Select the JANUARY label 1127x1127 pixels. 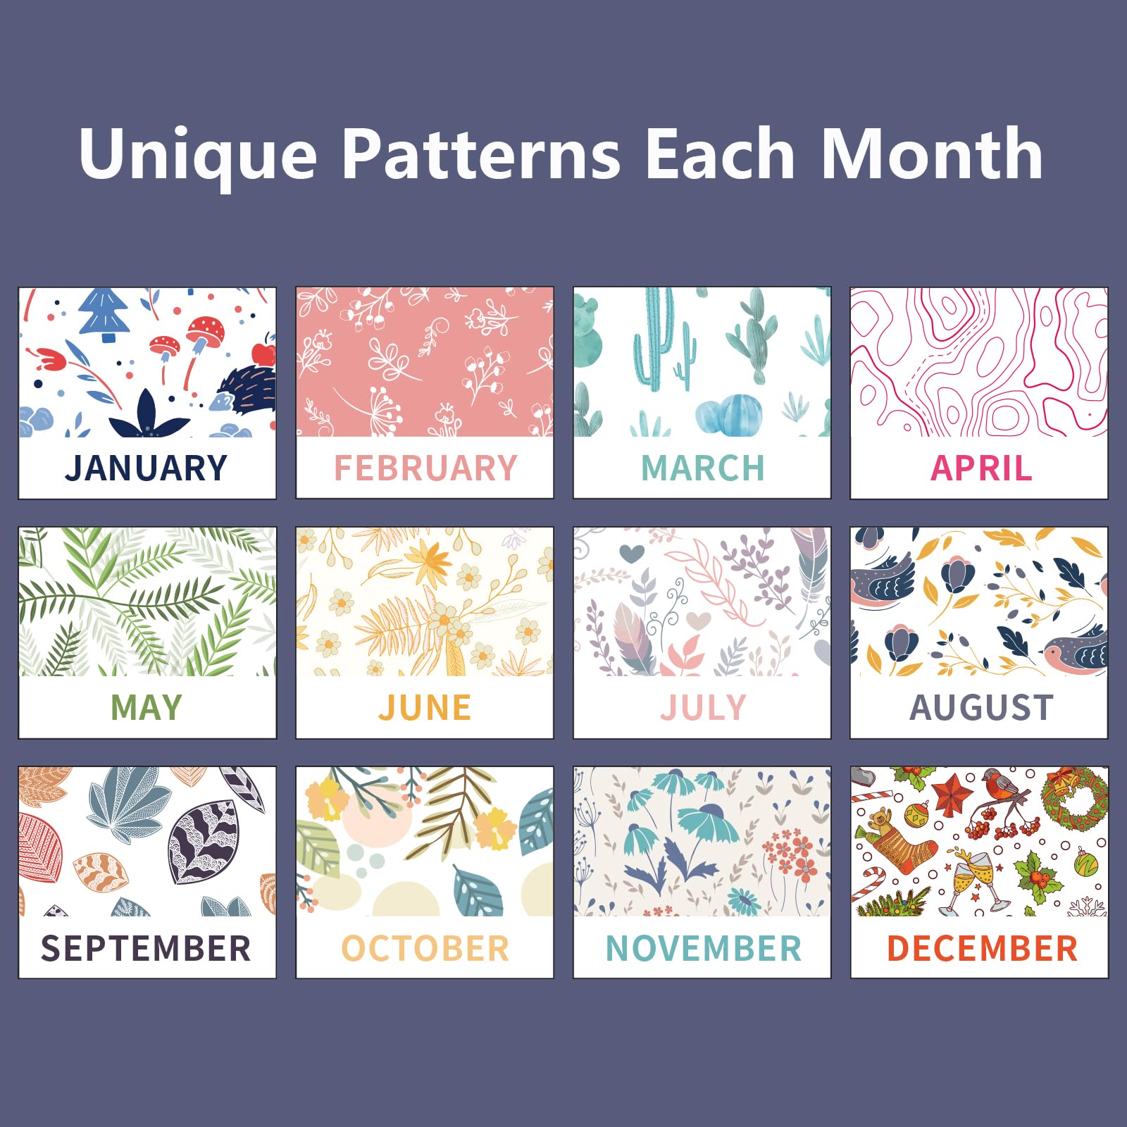click(147, 468)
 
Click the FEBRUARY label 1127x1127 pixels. click(425, 468)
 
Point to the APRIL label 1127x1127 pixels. click(981, 468)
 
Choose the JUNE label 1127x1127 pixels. click(425, 708)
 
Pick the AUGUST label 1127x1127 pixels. click(981, 708)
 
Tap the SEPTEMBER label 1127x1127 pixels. click(146, 948)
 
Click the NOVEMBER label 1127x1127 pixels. click(704, 948)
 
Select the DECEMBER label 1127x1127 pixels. click(982, 948)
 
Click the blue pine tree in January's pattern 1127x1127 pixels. click(104, 313)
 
